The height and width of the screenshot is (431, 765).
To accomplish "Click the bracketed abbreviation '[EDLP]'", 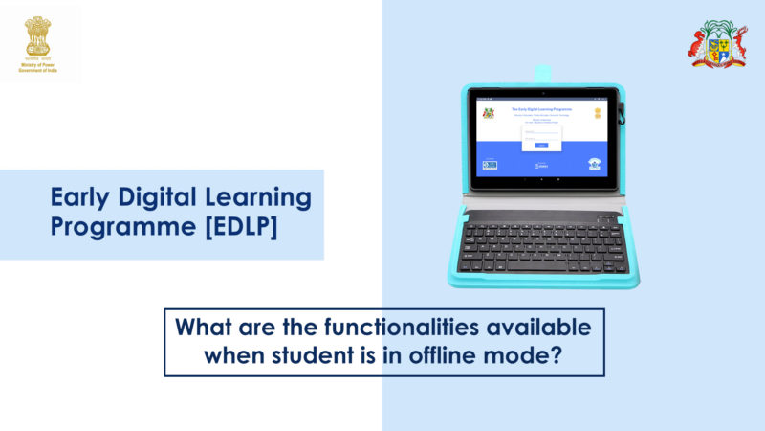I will click(x=233, y=229).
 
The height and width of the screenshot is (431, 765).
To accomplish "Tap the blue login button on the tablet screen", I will click(x=540, y=146).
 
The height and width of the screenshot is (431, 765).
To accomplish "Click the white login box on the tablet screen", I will click(x=540, y=136).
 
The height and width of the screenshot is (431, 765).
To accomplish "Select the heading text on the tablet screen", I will click(x=540, y=110).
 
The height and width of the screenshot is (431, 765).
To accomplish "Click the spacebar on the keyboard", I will click(x=535, y=267).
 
